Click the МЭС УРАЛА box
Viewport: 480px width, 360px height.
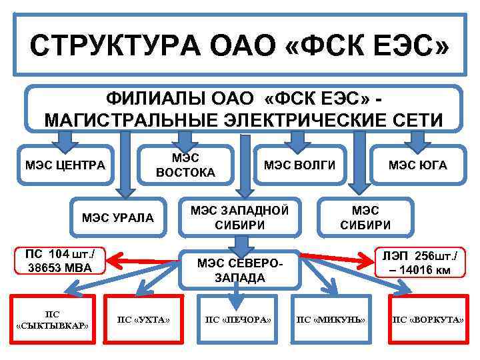pos(117,217)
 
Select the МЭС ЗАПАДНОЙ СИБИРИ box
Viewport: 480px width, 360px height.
pos(240,217)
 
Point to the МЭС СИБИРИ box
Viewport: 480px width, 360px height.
pos(365,217)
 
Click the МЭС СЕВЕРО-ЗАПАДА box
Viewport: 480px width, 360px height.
pos(240,269)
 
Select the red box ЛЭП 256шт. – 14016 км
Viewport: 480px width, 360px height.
pos(421,263)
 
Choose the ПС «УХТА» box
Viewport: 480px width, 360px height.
pos(143,320)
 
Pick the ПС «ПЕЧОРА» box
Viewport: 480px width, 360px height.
pos(238,320)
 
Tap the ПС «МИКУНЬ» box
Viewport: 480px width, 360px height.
pos(331,320)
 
